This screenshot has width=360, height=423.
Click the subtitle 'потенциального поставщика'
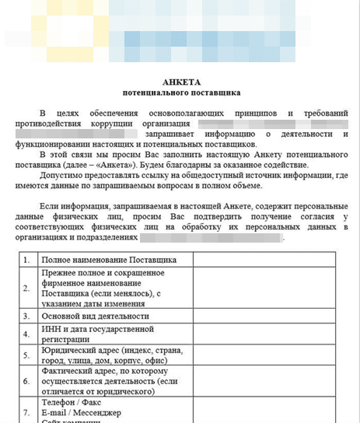pos(180,93)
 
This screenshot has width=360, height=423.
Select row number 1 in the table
pos(27,259)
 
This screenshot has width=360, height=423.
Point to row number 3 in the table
pos(27,316)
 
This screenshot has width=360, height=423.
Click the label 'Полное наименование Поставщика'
pos(109,259)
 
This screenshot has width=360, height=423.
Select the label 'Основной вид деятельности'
pos(96,316)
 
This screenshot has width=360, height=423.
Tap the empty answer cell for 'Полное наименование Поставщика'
pos(264,259)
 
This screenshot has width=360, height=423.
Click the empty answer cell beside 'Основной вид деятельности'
pos(264,316)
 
